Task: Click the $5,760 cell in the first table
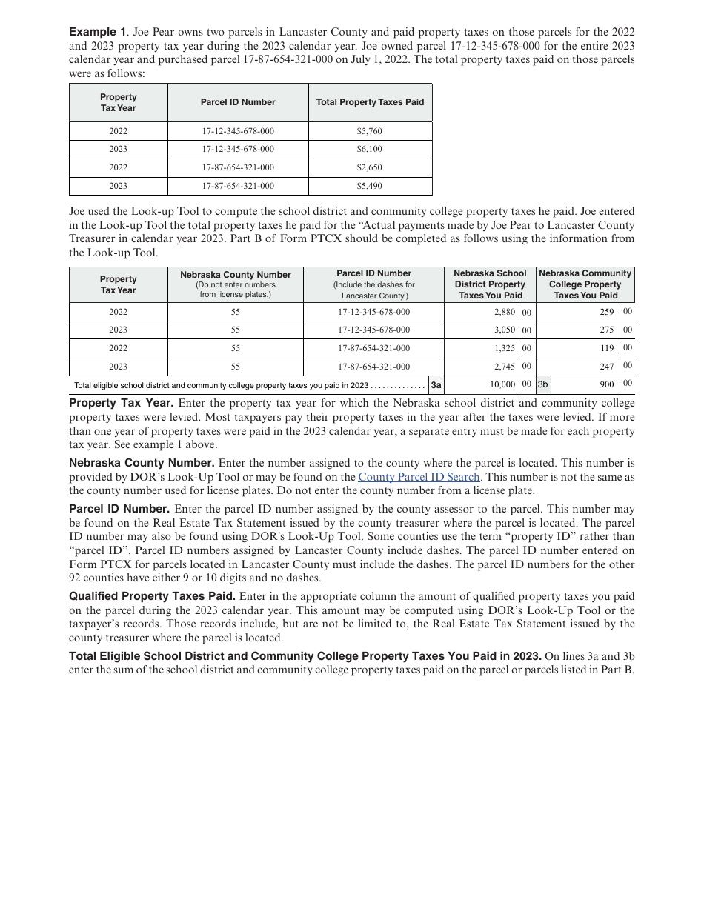click(369, 131)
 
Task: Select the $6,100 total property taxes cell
click(369, 150)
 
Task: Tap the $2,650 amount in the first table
click(369, 168)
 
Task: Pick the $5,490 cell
click(369, 187)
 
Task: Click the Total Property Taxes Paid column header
click(370, 102)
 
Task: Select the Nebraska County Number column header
click(235, 275)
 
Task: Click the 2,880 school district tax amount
click(504, 312)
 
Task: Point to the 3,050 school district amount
click(504, 330)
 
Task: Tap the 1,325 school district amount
click(504, 348)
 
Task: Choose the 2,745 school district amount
click(504, 367)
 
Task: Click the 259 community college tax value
click(607, 312)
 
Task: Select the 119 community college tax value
click(607, 348)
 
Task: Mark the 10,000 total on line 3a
click(502, 384)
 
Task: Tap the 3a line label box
click(436, 385)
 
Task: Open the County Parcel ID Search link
click(419, 478)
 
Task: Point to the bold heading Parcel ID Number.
click(119, 509)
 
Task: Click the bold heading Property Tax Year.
click(121, 403)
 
